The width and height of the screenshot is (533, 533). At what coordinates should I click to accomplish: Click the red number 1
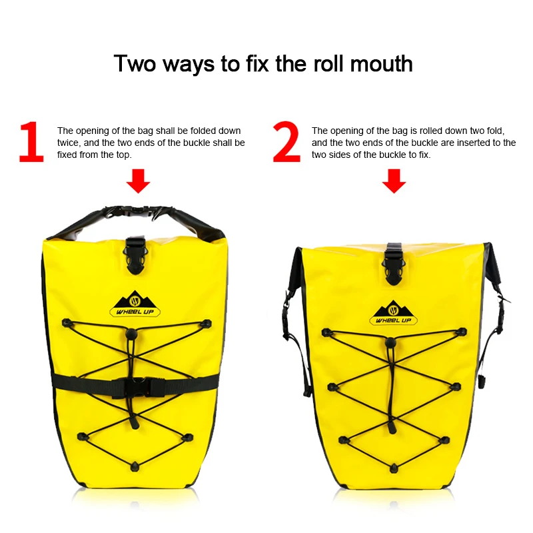pyautogui.click(x=31, y=141)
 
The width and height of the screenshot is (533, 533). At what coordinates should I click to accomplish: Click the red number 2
pyautogui.click(x=286, y=141)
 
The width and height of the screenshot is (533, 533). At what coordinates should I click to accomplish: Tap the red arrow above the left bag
pyautogui.click(x=138, y=181)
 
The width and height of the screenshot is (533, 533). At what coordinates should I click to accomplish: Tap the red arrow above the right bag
pyautogui.click(x=394, y=181)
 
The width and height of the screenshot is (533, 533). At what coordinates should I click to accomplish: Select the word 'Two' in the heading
pyautogui.click(x=135, y=64)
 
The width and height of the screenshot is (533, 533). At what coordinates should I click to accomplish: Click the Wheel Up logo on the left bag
pyautogui.click(x=135, y=304)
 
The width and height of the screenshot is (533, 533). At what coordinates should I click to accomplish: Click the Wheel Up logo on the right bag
pyautogui.click(x=393, y=312)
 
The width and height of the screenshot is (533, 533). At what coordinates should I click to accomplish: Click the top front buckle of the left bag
pyautogui.click(x=136, y=256)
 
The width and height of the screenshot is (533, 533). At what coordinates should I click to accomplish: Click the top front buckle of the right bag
pyautogui.click(x=394, y=264)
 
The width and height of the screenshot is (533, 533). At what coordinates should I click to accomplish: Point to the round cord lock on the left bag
pyautogui.click(x=131, y=334)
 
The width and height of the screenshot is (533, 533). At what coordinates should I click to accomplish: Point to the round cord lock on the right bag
pyautogui.click(x=390, y=342)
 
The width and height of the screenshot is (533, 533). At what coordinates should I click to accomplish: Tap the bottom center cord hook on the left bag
pyautogui.click(x=135, y=466)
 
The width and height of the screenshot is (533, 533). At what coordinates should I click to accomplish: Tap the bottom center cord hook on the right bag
pyautogui.click(x=394, y=468)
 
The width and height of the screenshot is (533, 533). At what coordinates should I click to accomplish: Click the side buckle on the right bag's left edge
pyautogui.click(x=286, y=314)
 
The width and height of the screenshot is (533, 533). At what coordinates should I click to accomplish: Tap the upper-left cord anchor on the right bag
pyautogui.click(x=326, y=332)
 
